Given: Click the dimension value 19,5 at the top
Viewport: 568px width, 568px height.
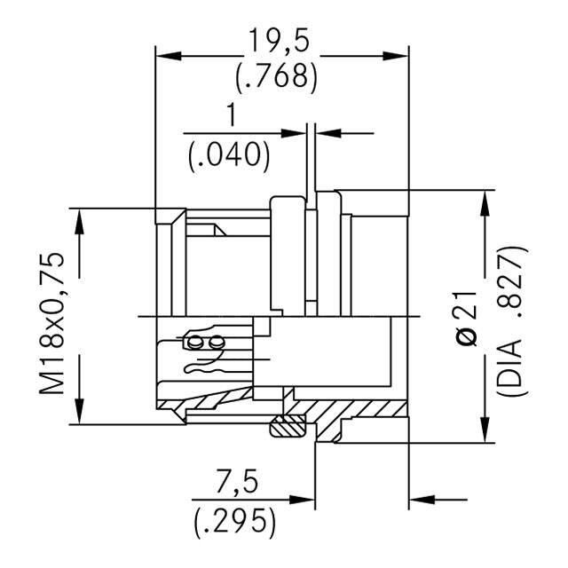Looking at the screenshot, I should tap(276, 40).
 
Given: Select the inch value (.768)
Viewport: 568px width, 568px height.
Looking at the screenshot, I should tap(276, 78).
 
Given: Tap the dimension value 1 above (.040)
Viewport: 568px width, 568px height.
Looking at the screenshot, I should tap(232, 115).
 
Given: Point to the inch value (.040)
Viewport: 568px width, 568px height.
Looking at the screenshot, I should tap(230, 154).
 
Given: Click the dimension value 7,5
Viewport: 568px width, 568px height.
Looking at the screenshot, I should tap(238, 483).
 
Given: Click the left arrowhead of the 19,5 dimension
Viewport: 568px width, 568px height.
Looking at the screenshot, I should tap(165, 55).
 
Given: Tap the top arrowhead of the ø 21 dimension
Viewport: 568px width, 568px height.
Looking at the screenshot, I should tap(486, 200).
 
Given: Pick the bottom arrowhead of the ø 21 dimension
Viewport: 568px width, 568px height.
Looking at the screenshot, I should tap(486, 432).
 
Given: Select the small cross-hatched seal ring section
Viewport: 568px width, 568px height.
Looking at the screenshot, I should tap(287, 427).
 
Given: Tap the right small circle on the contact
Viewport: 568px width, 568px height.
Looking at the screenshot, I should tap(214, 342).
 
